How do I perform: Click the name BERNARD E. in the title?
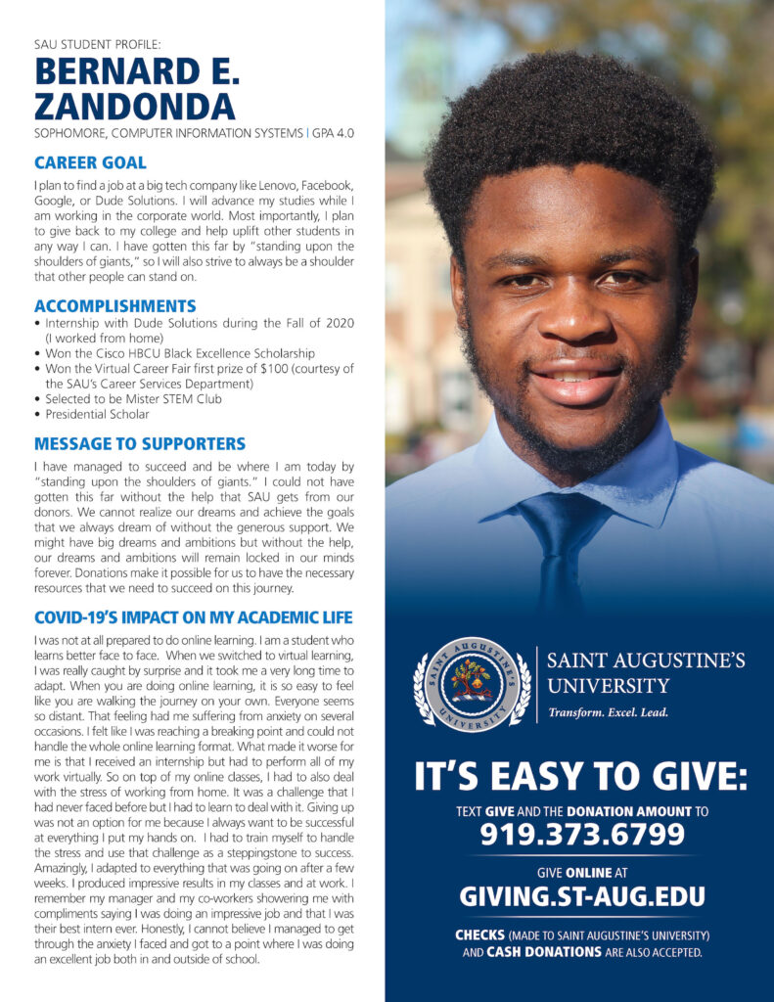click(x=137, y=72)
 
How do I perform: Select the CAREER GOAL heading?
click(x=90, y=162)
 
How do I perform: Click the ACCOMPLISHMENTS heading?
click(x=114, y=305)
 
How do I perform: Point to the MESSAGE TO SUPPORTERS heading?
click(x=140, y=443)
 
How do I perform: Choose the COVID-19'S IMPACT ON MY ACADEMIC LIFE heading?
click(x=193, y=617)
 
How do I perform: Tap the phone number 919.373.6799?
click(x=582, y=834)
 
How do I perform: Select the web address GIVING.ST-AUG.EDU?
click(x=582, y=895)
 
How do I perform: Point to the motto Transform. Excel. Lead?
click(x=608, y=712)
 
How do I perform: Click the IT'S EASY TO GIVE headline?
click(x=581, y=778)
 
